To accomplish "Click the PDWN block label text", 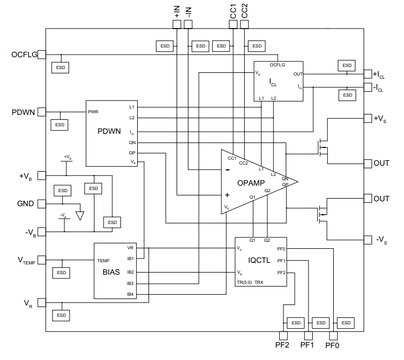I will pos(109,131).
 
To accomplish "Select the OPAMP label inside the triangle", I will pos(251,184).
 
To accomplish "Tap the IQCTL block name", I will pos(260,260).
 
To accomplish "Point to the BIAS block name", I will pos(111,272).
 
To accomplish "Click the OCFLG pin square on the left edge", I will pos(42,55).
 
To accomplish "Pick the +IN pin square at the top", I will pos(177,24).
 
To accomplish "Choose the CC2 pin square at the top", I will pos(246,24).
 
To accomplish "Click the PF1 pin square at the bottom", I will pos(308,335).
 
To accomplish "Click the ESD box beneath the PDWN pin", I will pos(60,125).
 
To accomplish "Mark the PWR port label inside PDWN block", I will pos(93,112).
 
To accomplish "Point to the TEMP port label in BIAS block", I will pos(103,260).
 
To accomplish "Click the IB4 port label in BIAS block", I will pos(130,294).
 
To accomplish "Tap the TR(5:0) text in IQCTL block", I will pos(244,282).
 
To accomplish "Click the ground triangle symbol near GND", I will pos(80,215).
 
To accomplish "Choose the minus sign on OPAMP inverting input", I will pos(227,169).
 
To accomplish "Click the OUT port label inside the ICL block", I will pos(298,74).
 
